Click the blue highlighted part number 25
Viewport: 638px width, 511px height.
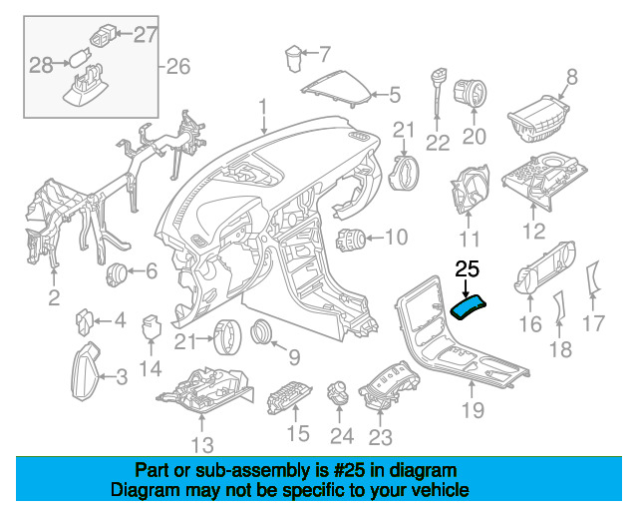[468, 308]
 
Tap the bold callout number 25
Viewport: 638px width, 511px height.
[468, 269]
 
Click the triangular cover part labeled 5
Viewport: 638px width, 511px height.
[337, 89]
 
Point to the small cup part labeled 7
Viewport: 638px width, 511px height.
[293, 59]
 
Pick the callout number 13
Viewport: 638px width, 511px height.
[202, 445]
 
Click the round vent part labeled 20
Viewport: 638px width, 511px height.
[470, 93]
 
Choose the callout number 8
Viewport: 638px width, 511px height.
[571, 77]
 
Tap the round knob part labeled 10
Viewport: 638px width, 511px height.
[350, 240]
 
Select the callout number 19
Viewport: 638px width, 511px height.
[473, 410]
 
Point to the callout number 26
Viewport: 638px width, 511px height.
[178, 67]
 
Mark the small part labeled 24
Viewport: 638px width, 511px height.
[339, 392]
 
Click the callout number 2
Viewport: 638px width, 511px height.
[54, 297]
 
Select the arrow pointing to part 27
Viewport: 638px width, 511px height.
[125, 34]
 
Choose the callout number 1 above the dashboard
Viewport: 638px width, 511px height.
[263, 107]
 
